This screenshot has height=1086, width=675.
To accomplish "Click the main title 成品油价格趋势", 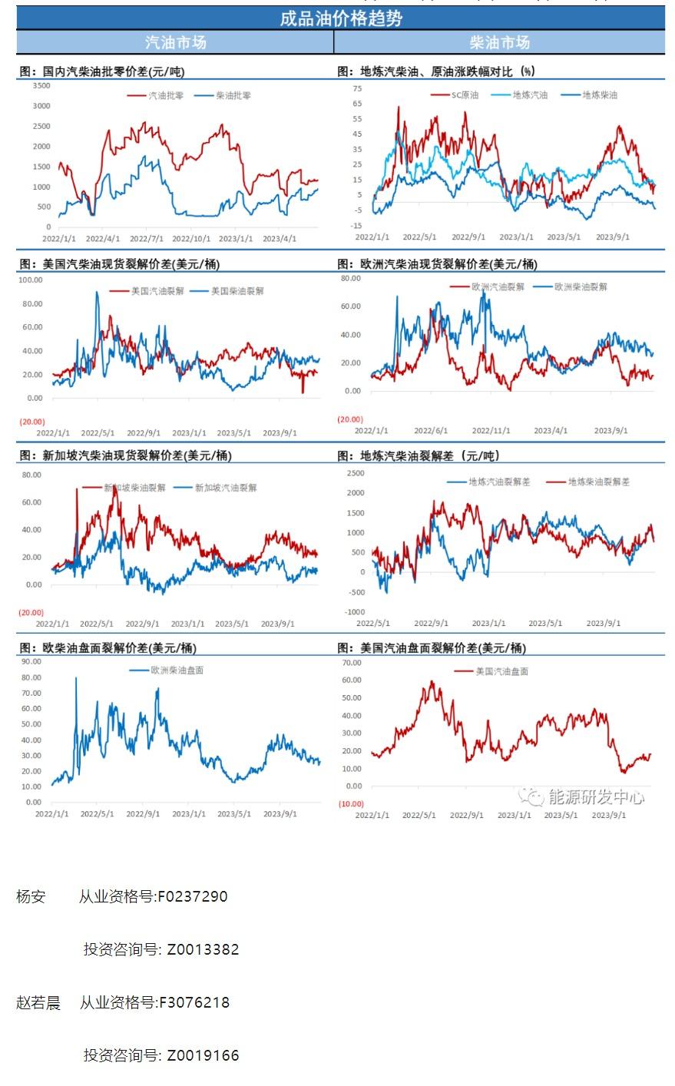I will pos(340,18).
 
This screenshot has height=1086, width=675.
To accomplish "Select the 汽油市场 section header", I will pos(175,42).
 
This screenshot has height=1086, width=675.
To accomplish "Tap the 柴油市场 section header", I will pos(500,42).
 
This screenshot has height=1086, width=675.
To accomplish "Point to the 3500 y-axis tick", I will pos(41,86).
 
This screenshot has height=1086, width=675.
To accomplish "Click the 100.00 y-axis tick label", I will pos(31,280).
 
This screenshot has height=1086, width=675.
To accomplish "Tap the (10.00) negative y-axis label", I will pos(350,804).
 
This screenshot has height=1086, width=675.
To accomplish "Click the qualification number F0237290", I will pos(192,896).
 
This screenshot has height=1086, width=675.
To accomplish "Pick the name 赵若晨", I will pos(38,1002).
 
